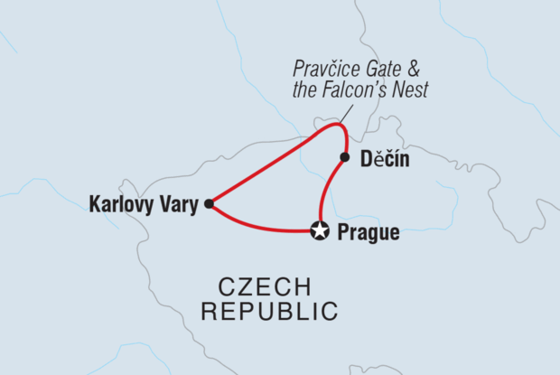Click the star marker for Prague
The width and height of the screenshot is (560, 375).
coord(319,230)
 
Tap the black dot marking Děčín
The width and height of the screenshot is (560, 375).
coord(344,158)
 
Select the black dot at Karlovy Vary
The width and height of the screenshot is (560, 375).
coord(209,203)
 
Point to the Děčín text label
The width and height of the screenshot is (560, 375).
coord(385,160)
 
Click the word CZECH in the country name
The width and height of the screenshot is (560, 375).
coord(266,288)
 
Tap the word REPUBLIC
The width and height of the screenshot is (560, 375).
coord(270,313)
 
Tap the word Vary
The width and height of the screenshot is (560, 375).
coord(177,204)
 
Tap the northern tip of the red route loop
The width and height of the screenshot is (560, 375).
coord(338,125)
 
